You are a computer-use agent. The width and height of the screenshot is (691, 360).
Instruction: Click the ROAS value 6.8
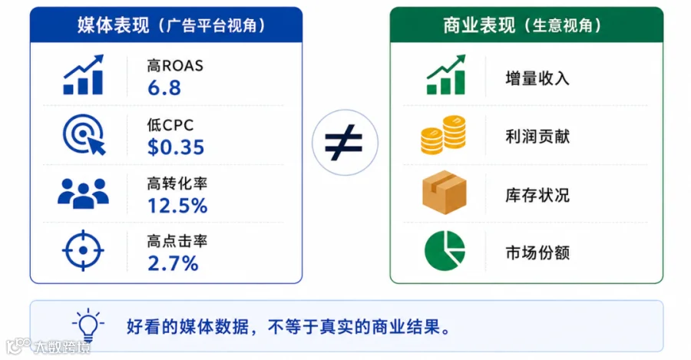[x=164, y=88]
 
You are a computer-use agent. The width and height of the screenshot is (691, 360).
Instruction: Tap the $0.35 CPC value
[x=176, y=147]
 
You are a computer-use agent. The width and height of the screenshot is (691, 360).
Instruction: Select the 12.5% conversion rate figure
[x=177, y=206]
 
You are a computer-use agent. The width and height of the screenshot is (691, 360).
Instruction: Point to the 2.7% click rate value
[x=173, y=263]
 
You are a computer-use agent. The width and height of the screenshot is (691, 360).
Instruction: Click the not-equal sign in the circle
[x=344, y=142]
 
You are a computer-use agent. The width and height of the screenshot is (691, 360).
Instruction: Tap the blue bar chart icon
[x=83, y=74]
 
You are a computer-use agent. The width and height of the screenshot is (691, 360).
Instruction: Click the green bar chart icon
[x=445, y=74]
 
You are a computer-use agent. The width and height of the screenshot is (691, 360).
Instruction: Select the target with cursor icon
[x=84, y=134]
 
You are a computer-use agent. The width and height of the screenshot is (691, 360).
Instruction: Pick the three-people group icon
[x=83, y=193]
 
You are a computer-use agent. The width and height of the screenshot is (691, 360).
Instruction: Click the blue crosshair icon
[x=83, y=250]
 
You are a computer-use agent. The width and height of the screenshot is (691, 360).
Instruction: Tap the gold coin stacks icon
[x=443, y=134]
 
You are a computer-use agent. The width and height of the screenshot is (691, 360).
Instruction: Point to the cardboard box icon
[x=445, y=193]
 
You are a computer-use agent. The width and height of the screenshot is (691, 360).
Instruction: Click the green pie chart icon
[x=445, y=251]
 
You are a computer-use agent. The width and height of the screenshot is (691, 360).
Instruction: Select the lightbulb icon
[x=88, y=325]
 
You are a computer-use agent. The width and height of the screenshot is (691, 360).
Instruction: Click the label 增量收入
[x=537, y=78]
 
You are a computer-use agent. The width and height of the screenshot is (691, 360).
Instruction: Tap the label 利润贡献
[x=537, y=137]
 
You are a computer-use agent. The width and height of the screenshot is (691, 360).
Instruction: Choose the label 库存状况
[x=537, y=195]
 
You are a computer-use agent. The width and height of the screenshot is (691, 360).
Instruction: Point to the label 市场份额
[x=537, y=253]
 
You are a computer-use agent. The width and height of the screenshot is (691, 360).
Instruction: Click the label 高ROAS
[x=175, y=66]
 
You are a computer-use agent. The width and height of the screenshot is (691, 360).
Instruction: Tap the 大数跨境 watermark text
[x=62, y=347]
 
